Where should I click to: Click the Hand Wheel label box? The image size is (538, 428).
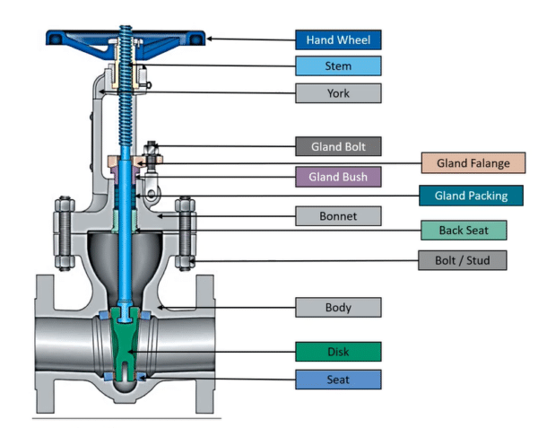click(x=338, y=39)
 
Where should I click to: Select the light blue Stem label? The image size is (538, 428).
click(x=338, y=66)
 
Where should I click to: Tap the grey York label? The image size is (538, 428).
click(x=338, y=92)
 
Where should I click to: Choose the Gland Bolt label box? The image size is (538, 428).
click(x=338, y=145)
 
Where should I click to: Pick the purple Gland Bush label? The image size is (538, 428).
click(x=338, y=177)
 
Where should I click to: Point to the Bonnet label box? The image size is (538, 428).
click(x=338, y=216)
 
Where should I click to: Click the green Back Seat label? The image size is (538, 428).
click(x=464, y=230)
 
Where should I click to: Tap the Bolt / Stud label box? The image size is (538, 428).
click(x=464, y=261)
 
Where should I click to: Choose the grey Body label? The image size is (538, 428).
click(x=338, y=308)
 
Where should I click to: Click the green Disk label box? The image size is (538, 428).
click(x=338, y=351)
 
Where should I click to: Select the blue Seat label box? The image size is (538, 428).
click(x=338, y=380)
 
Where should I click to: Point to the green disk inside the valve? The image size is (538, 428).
click(x=126, y=341)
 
